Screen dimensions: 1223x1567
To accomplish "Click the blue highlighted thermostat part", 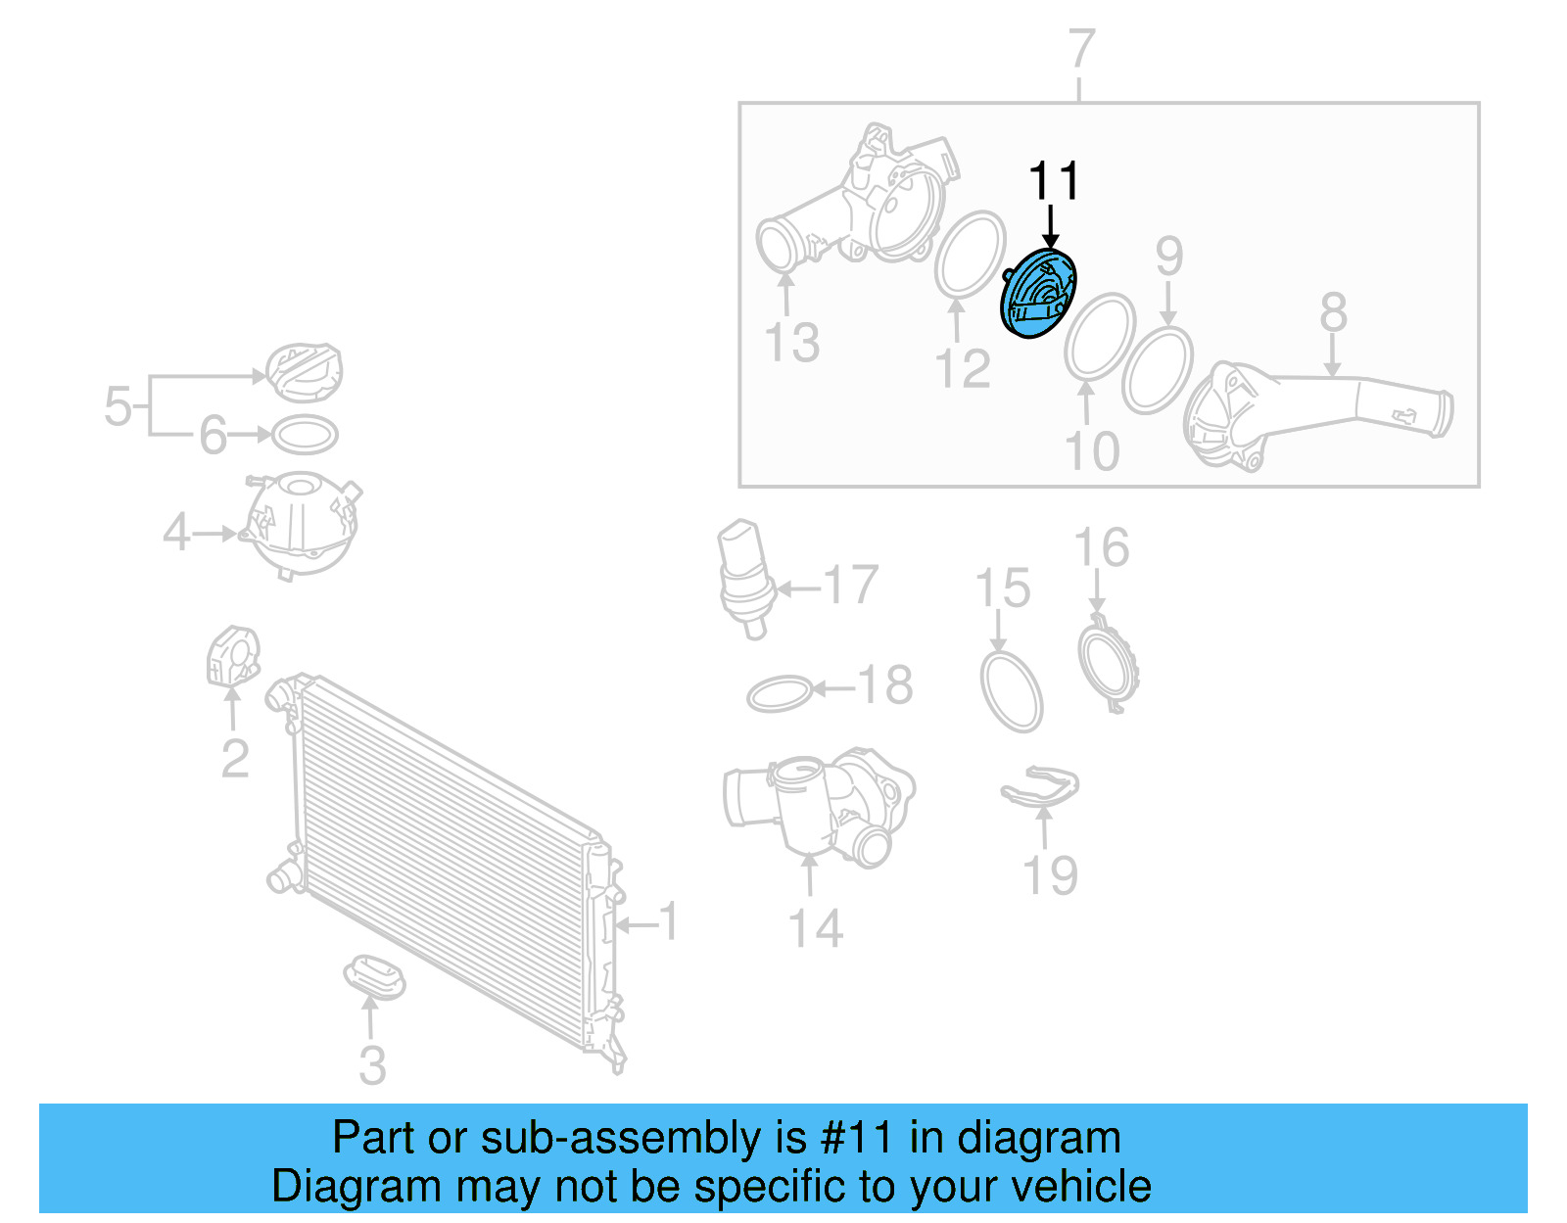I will coord(1038,295).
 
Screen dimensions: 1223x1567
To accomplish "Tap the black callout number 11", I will coord(1053,182).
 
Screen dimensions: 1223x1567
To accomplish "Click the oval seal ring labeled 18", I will coord(780,694).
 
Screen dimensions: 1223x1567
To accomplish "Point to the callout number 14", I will coord(815,928).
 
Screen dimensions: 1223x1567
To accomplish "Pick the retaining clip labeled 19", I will coord(1040,788).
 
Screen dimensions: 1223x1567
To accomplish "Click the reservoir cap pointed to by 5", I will coord(305,372).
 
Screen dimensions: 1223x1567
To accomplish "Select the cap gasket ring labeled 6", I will coord(305,435).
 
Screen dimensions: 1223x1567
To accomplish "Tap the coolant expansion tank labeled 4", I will coord(302,524).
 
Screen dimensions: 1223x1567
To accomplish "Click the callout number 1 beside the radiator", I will coord(668,921).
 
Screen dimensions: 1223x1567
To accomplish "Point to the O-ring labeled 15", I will coord(1012,691).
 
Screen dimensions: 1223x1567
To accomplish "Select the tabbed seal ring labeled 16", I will coord(1109,664).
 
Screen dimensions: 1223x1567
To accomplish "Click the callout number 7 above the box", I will coord(1080,49).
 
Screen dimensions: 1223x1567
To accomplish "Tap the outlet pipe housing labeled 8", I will coord(1312,411).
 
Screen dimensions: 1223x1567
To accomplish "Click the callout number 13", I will coord(791,343).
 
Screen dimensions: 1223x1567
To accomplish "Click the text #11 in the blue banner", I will coord(857,1138).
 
